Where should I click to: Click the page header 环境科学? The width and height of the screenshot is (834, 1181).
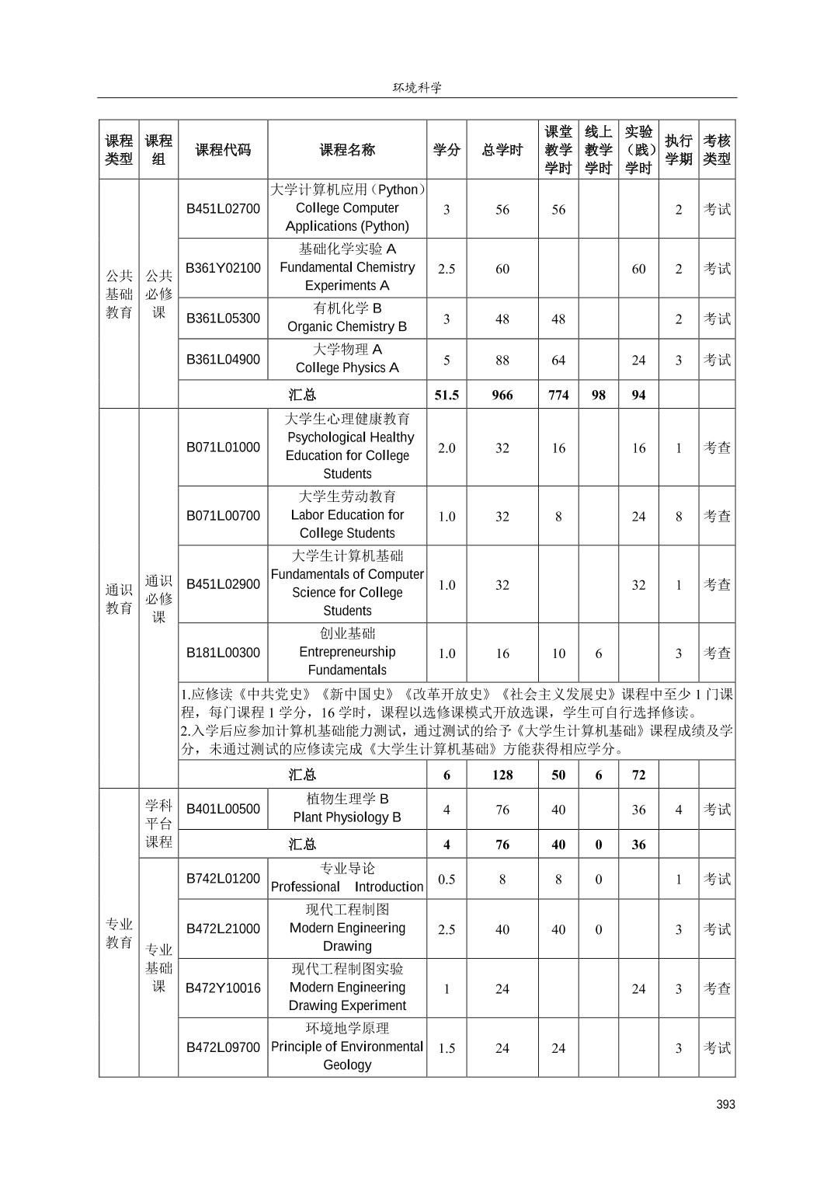pyautogui.click(x=417, y=87)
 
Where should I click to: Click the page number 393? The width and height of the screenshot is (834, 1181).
pyautogui.click(x=725, y=1104)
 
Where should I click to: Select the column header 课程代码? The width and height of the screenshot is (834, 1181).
pyautogui.click(x=223, y=150)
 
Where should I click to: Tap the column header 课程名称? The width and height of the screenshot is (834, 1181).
pyautogui.click(x=347, y=150)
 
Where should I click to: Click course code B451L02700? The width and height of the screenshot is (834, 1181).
pyautogui.click(x=223, y=208)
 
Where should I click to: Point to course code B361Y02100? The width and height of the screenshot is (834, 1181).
pyautogui.click(x=223, y=268)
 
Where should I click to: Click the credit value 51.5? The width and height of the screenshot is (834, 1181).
pyautogui.click(x=447, y=395)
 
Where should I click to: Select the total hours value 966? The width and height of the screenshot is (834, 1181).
pyautogui.click(x=502, y=395)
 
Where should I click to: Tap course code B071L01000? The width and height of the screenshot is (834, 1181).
pyautogui.click(x=223, y=447)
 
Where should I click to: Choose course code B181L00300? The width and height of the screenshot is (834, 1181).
pyautogui.click(x=223, y=653)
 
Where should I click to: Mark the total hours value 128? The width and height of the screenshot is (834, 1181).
pyautogui.click(x=502, y=775)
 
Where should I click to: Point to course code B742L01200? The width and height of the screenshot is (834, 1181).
pyautogui.click(x=223, y=879)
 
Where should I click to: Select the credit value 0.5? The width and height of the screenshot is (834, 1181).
pyautogui.click(x=447, y=880)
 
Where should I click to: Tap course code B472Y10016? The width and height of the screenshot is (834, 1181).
pyautogui.click(x=223, y=988)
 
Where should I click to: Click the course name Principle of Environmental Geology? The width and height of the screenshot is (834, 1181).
pyautogui.click(x=347, y=1047)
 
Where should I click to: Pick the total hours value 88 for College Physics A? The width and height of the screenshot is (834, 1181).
pyautogui.click(x=502, y=360)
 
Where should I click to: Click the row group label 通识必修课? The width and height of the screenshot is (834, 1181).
pyautogui.click(x=158, y=598)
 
